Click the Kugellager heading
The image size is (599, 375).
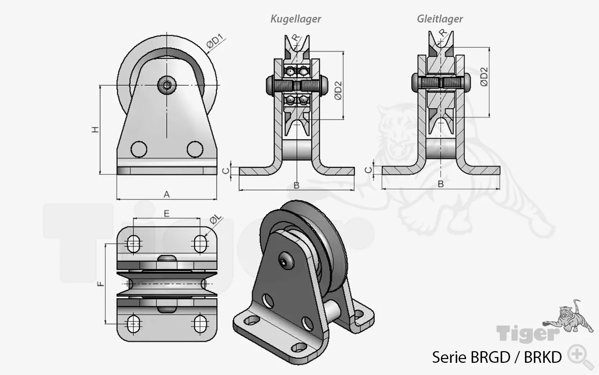[x=296, y=19]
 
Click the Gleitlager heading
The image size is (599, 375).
[x=440, y=19]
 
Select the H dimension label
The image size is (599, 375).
[x=95, y=130]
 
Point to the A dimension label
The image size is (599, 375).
[x=167, y=195]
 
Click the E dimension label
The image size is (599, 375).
[x=167, y=213]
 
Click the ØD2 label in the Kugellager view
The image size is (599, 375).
[x=338, y=90]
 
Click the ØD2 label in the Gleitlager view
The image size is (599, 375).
[x=484, y=76]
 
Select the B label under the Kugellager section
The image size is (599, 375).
[x=296, y=185]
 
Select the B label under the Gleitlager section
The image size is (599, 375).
[x=440, y=184]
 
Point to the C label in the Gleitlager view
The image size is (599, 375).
[x=369, y=170]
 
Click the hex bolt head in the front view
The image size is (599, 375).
[x=167, y=85]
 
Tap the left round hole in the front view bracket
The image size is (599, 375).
[x=139, y=149]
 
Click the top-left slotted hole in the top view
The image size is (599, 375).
[x=134, y=242]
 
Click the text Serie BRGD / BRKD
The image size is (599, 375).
[x=497, y=357]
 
